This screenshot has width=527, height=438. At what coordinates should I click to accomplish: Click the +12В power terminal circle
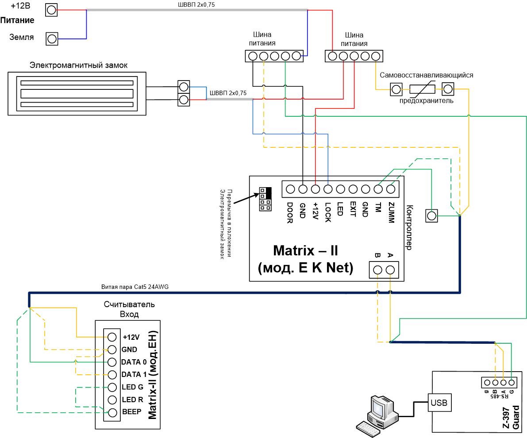coord(51,10)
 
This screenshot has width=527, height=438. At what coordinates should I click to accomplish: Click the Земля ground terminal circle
coord(52,39)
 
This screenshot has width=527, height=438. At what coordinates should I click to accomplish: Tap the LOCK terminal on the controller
coord(328,189)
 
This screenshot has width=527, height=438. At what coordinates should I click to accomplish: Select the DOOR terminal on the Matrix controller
coord(290,189)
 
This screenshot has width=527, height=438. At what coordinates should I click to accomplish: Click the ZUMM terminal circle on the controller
coord(391,189)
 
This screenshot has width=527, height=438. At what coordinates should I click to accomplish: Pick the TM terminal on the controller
coord(378,189)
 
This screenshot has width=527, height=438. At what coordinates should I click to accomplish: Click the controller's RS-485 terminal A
coord(390,270)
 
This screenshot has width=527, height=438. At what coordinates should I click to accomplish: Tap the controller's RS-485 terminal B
coord(378,270)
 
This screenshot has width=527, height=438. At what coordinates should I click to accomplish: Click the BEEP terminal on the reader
coord(112,412)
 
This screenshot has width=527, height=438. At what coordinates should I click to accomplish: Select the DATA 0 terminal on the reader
coord(112,362)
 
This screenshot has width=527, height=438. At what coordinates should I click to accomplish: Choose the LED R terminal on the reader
coord(112,400)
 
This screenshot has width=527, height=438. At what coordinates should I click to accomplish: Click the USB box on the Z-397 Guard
coord(439,402)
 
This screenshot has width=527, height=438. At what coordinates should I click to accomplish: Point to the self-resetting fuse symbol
coord(422,89)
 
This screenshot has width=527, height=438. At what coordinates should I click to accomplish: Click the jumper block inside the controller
coord(265,200)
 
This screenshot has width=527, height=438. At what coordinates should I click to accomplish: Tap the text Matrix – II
coord(305,250)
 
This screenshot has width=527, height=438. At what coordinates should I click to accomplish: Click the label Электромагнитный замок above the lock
coord(78,65)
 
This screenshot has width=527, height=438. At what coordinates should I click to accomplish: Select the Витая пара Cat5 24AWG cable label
coord(135,287)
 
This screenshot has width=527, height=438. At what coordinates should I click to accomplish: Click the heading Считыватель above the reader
coord(129,304)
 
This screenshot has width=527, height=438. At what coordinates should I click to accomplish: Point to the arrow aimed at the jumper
coord(246,198)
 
